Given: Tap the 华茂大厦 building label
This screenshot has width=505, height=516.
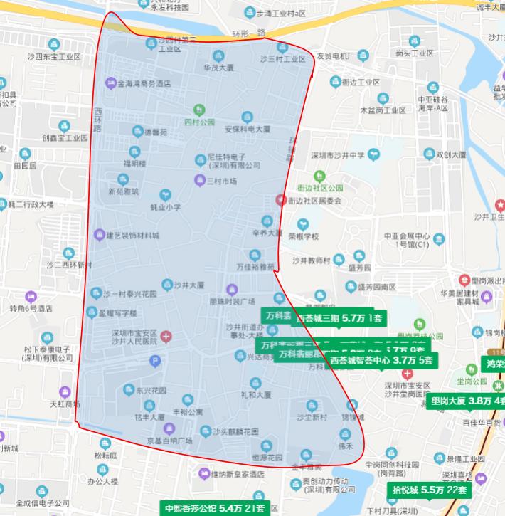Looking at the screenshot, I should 218,68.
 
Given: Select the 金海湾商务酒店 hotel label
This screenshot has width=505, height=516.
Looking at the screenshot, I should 144,83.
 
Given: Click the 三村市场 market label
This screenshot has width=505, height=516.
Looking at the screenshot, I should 220,181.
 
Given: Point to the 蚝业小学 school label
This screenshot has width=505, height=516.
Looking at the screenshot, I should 166,207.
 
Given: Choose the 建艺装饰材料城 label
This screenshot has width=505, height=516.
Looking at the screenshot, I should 132,235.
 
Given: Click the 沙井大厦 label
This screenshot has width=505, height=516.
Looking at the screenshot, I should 188,283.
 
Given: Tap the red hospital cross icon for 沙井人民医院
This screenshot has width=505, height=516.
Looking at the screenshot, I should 166,336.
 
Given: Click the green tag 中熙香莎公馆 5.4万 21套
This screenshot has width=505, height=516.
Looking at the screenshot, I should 213,508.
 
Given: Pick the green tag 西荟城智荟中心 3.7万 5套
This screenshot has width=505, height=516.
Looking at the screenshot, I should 381,360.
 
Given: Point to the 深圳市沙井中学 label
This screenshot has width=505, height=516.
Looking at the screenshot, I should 338,155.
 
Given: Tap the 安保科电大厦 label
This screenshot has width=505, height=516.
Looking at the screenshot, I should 248,130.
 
